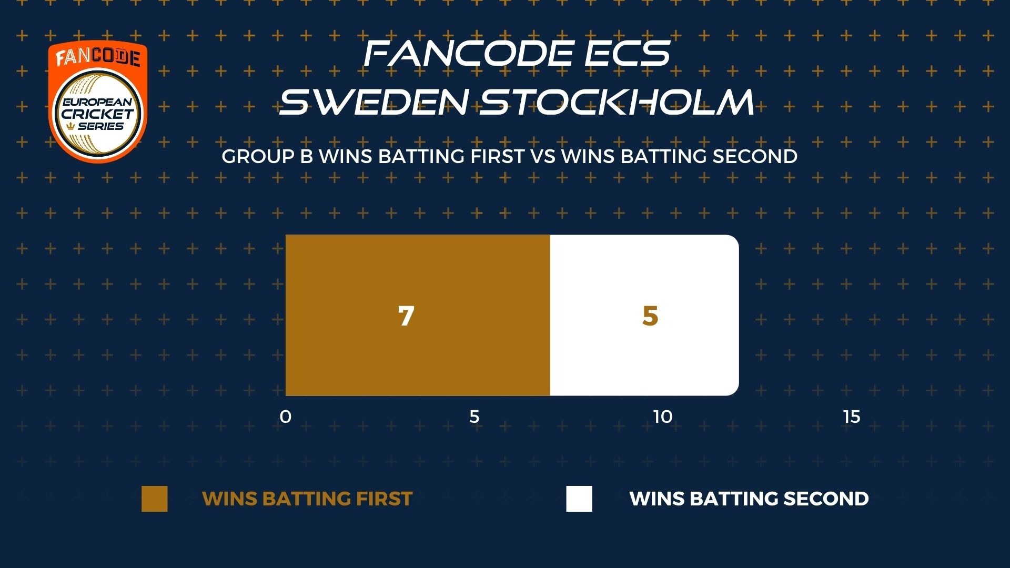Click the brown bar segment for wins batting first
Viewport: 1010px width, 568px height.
click(x=418, y=315)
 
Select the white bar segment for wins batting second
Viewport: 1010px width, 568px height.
click(x=644, y=315)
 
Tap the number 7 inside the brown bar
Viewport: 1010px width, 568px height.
click(x=406, y=316)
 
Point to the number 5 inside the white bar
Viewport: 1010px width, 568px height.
click(x=650, y=316)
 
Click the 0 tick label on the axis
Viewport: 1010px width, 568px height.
click(x=286, y=417)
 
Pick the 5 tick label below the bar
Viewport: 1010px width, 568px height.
click(x=474, y=417)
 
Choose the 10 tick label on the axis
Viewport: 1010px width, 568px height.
click(x=663, y=417)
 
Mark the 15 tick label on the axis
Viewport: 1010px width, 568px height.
click(x=852, y=417)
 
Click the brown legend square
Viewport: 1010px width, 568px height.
click(x=155, y=499)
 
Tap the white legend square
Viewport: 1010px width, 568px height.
click(x=579, y=499)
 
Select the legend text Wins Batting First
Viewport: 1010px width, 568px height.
click(x=307, y=499)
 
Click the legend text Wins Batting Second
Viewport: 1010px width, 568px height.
click(x=749, y=499)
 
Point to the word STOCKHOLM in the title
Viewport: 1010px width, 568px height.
click(x=617, y=102)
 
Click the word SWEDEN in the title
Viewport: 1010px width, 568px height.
click(x=373, y=102)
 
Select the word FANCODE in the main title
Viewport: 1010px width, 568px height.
click(x=468, y=53)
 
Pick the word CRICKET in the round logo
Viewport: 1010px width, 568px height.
click(x=98, y=114)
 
